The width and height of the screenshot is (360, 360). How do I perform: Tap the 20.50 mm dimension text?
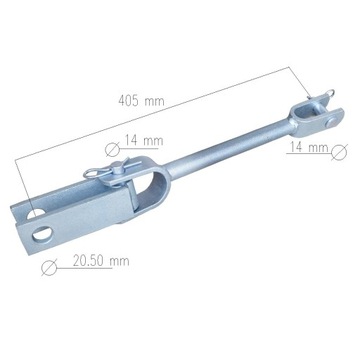[100, 262]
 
